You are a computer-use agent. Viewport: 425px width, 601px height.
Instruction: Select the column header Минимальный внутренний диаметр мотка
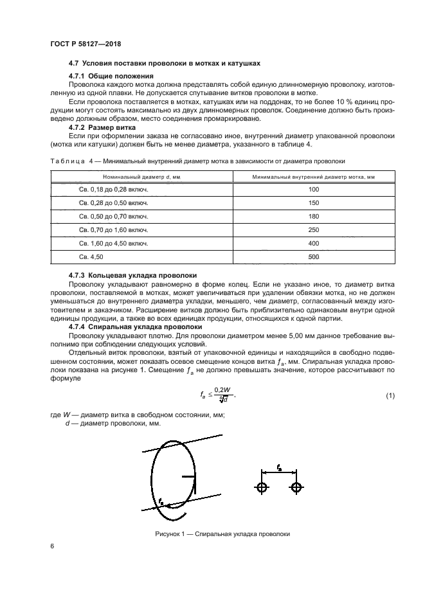[314, 176]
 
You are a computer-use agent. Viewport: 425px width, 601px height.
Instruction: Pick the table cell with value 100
[314, 190]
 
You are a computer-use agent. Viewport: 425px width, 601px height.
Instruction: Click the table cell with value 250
[314, 230]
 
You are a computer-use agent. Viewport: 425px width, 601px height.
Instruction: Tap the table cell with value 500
[314, 257]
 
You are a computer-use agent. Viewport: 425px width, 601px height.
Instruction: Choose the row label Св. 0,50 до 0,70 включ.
[113, 217]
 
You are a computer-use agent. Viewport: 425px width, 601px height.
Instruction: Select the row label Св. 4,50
[91, 257]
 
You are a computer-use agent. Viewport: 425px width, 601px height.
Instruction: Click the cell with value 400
[314, 244]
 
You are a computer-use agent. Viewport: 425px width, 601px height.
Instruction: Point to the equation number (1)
[390, 395]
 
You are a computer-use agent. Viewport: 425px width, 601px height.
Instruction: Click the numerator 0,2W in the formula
[222, 390]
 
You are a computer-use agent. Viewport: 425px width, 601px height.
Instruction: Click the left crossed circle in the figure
[262, 487]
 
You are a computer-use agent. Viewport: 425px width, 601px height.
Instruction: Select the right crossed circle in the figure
[296, 487]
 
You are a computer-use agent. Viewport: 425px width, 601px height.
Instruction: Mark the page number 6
[51, 546]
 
